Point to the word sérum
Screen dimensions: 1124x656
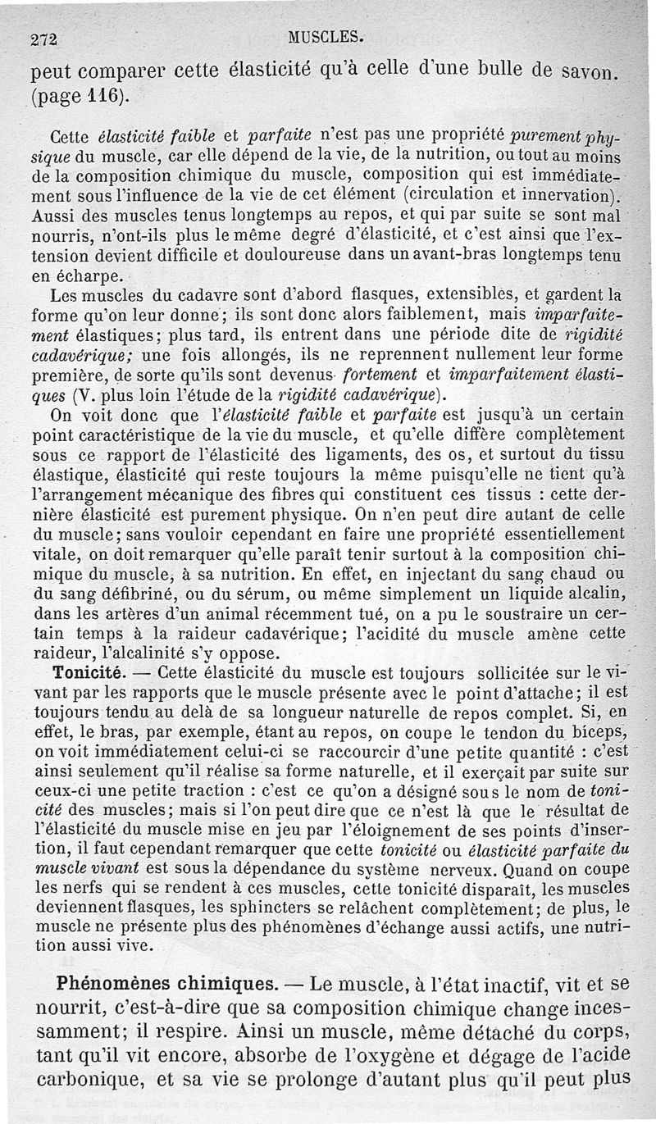coord(244,593)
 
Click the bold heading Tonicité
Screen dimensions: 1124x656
coord(88,672)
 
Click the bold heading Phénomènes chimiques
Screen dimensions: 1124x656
coord(165,984)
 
